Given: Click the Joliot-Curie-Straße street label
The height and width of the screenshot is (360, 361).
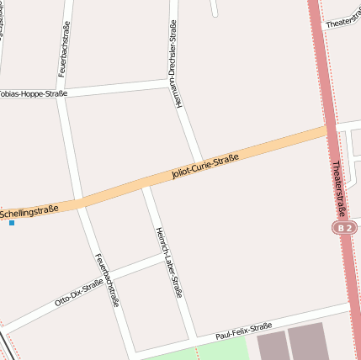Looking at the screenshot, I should coord(205,166).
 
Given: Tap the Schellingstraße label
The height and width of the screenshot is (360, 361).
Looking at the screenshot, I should coord(30,210).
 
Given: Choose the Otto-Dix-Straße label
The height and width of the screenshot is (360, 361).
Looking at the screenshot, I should coord(78,292).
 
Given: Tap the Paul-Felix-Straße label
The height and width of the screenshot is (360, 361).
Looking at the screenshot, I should coord(243,330).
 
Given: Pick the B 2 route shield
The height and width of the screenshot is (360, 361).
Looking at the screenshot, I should coord(342,228).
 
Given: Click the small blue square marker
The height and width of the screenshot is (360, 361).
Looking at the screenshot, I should coord(11,223).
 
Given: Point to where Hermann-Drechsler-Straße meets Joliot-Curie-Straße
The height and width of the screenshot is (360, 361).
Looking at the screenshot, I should coord(200,161).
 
